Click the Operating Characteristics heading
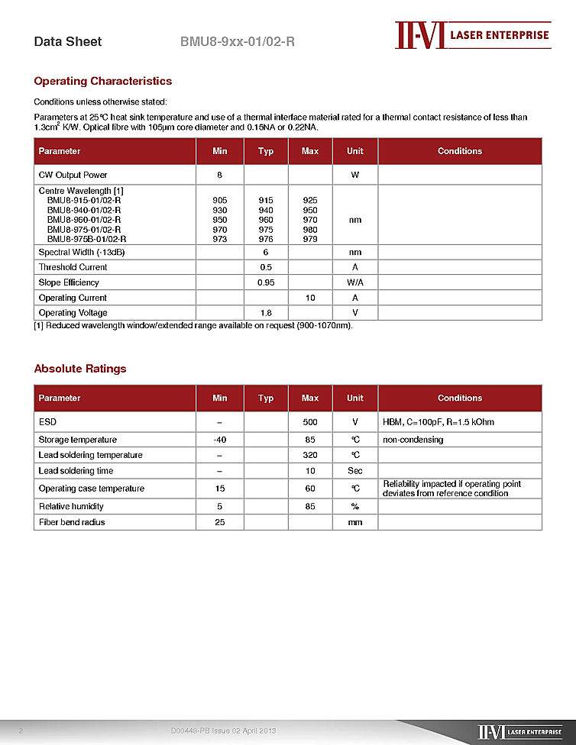point(103,82)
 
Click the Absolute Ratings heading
point(80,369)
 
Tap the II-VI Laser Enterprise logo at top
point(472,35)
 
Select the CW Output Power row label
point(73,176)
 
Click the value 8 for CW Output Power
point(220,176)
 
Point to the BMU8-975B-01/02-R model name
point(86,239)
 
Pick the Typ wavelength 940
point(266,210)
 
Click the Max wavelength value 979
point(310,239)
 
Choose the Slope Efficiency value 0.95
point(266,282)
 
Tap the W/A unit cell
point(355,282)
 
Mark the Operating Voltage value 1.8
point(266,313)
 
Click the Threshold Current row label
point(73,267)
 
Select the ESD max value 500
point(310,422)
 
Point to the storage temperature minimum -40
point(220,440)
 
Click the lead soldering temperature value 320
point(310,455)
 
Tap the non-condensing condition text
point(413,440)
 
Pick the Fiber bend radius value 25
point(220,522)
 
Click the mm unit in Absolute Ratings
point(355,522)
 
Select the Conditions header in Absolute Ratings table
point(460,398)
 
